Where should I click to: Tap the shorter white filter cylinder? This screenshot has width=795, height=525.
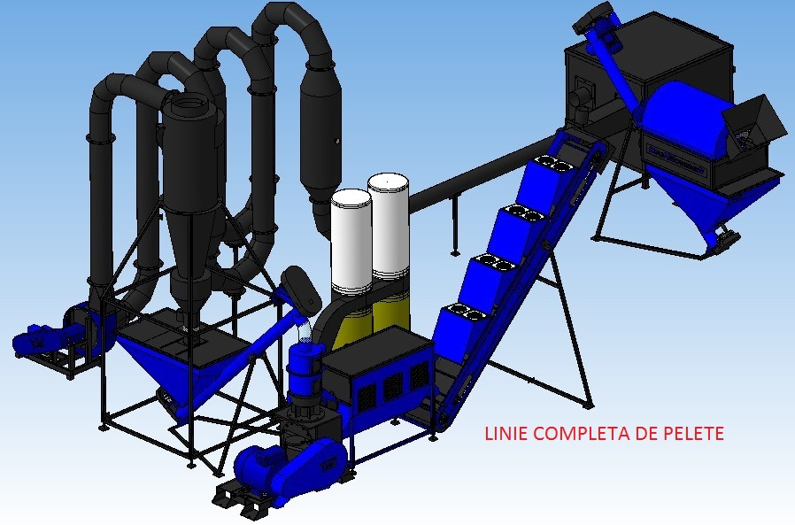click(351, 242)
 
